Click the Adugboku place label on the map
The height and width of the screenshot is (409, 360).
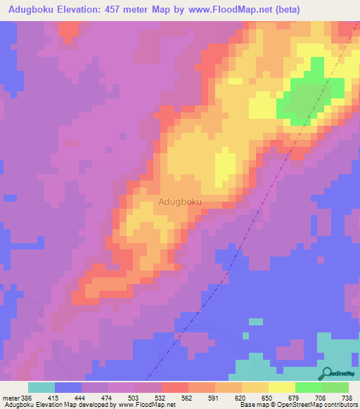(181, 202)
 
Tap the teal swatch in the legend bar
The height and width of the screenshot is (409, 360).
(41, 387)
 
